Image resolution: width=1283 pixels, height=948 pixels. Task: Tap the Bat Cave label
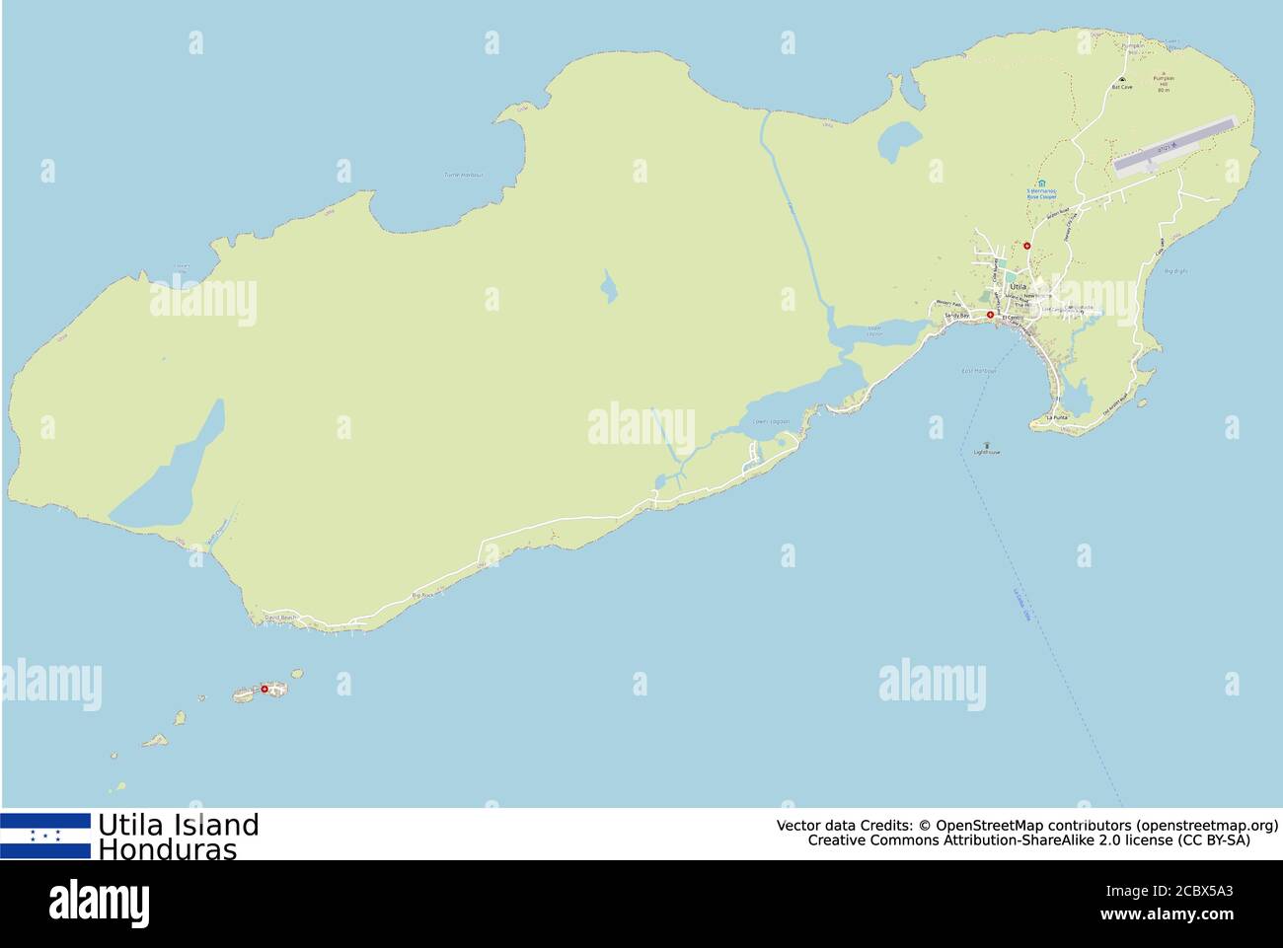coord(1122,87)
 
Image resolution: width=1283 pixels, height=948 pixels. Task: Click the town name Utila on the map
coord(1017,286)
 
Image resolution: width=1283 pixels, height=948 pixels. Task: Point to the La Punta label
coord(1057,418)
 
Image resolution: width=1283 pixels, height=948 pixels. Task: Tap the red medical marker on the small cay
coord(264,689)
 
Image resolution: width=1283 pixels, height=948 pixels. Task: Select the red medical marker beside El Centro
coord(991,316)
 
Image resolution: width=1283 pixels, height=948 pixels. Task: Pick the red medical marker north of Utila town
coord(1027,245)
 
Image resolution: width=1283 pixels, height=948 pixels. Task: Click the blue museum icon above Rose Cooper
coord(1041,182)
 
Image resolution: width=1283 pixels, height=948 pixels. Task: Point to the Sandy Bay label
coord(957,315)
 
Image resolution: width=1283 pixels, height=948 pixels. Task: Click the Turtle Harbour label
coord(464,175)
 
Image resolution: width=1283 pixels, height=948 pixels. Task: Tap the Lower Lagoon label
coord(772,421)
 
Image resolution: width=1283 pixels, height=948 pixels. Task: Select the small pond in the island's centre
coord(609,288)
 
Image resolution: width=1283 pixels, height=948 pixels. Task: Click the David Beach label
coord(280,618)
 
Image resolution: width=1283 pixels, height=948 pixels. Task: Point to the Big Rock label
coord(422,596)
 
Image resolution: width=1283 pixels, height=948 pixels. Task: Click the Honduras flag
coord(45,836)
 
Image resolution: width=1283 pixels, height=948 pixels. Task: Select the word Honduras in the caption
coord(168,849)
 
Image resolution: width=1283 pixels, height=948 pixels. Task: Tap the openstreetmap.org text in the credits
coord(1206,825)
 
